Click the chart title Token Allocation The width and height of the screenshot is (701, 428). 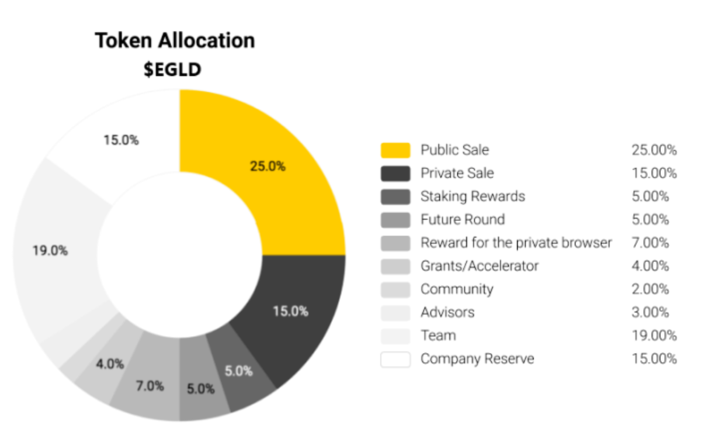tap(175, 40)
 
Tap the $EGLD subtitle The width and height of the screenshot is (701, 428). tap(172, 70)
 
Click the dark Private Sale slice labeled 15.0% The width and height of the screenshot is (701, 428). tap(290, 311)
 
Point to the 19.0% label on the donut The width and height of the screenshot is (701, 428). tap(50, 251)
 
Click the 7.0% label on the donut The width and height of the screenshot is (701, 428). tap(150, 386)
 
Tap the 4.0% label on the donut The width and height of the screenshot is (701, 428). tap(110, 364)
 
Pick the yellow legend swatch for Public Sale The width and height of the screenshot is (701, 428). tap(395, 150)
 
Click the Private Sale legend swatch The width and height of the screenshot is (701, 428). tap(395, 173)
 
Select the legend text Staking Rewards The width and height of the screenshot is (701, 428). tap(473, 196)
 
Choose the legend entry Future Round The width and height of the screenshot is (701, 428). tap(463, 220)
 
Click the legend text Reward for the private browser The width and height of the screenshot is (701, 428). tap(516, 243)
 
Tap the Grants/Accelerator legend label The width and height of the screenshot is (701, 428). tap(480, 266)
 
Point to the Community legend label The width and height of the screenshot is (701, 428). tap(457, 289)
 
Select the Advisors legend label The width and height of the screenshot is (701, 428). tap(447, 312)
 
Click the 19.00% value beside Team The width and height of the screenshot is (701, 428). tap(654, 336)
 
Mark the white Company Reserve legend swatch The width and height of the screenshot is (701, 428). tap(395, 359)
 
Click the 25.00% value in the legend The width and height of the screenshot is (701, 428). tap(654, 150)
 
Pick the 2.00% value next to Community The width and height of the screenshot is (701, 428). tap(650, 289)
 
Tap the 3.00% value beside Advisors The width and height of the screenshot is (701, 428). tap(650, 312)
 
